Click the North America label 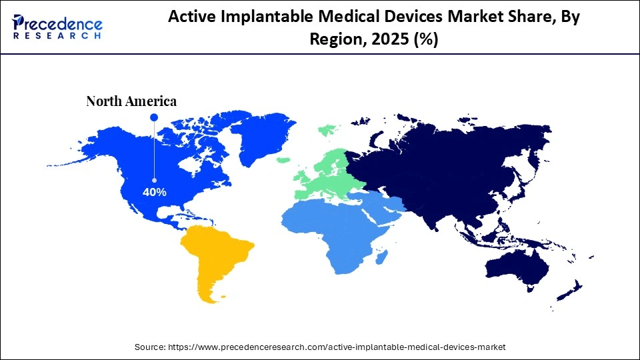pos(131,101)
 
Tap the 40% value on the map pos(155,192)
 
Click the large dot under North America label pos(154,117)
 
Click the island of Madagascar pos(381,257)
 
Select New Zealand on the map pos(573,290)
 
